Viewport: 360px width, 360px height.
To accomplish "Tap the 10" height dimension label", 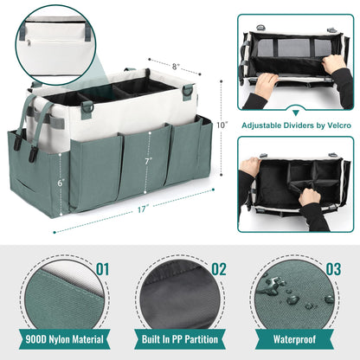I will click(222, 125).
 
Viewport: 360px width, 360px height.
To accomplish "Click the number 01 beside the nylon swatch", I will click(103, 269).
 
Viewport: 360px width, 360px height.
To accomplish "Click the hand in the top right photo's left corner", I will click(263, 85).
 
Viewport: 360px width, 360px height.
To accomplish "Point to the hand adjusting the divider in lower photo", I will click(309, 196).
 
